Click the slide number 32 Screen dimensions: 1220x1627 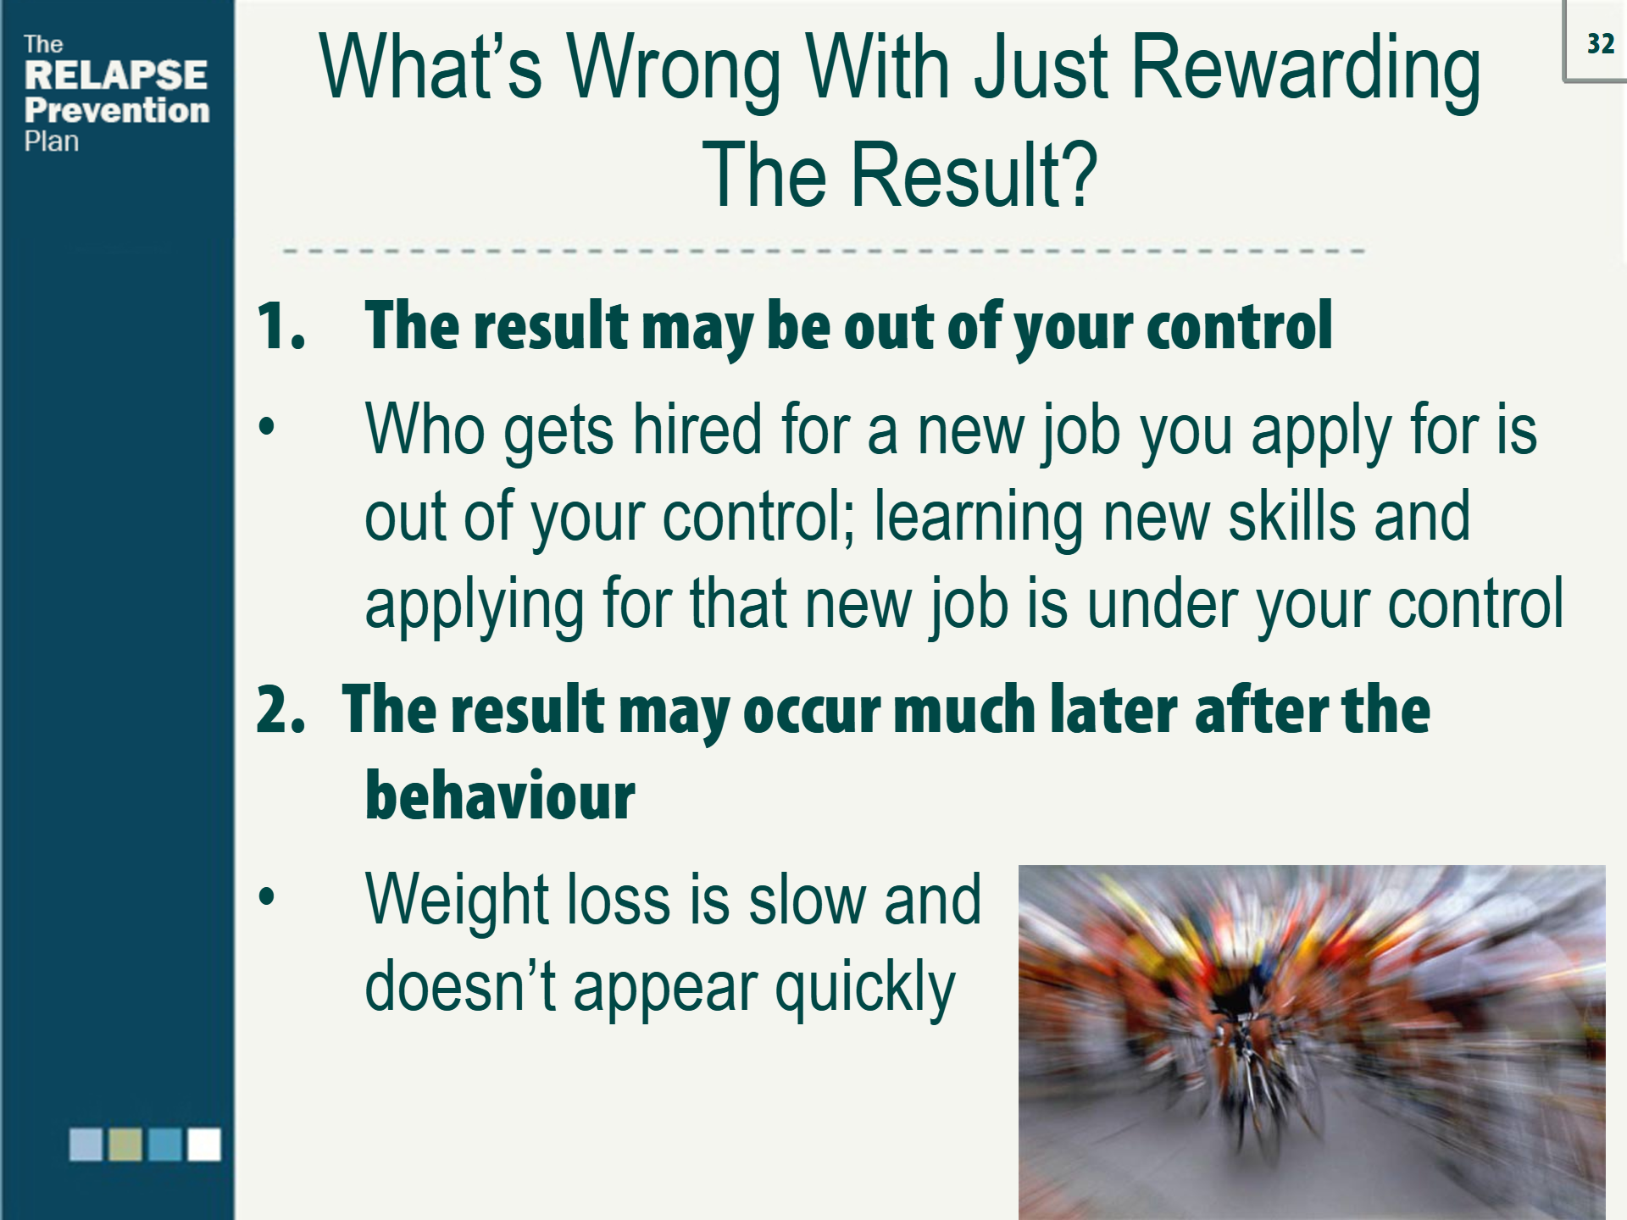(x=1600, y=44)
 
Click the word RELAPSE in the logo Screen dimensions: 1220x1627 (x=116, y=75)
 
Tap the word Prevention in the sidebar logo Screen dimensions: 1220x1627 (x=117, y=110)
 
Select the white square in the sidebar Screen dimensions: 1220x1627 (x=204, y=1144)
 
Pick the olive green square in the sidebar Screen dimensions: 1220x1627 (x=125, y=1144)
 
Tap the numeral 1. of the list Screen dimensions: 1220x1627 (x=280, y=326)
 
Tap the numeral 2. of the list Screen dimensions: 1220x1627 (x=280, y=710)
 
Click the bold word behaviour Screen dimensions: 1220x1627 (x=500, y=796)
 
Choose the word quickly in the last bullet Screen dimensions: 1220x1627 (x=864, y=988)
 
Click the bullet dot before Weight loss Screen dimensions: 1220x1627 (x=267, y=896)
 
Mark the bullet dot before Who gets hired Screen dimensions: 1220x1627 (x=267, y=426)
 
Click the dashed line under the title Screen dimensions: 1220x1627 (x=822, y=252)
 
